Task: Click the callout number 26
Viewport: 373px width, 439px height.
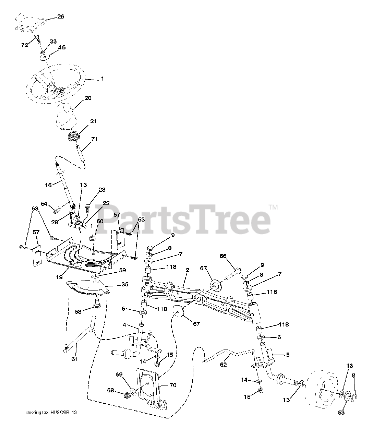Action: (x=60, y=16)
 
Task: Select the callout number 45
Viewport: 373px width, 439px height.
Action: (x=62, y=47)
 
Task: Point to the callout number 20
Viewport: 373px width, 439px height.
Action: (x=88, y=98)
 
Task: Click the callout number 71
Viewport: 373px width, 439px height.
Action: (x=94, y=139)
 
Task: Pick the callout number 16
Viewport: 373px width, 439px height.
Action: (x=48, y=185)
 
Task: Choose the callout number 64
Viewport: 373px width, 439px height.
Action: (x=44, y=204)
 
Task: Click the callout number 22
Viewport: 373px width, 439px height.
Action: (x=106, y=203)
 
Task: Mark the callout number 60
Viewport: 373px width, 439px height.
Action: (x=100, y=221)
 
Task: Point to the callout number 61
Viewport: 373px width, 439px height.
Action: (x=74, y=359)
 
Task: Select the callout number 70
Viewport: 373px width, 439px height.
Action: (x=173, y=385)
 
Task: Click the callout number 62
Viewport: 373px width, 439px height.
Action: (x=223, y=365)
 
